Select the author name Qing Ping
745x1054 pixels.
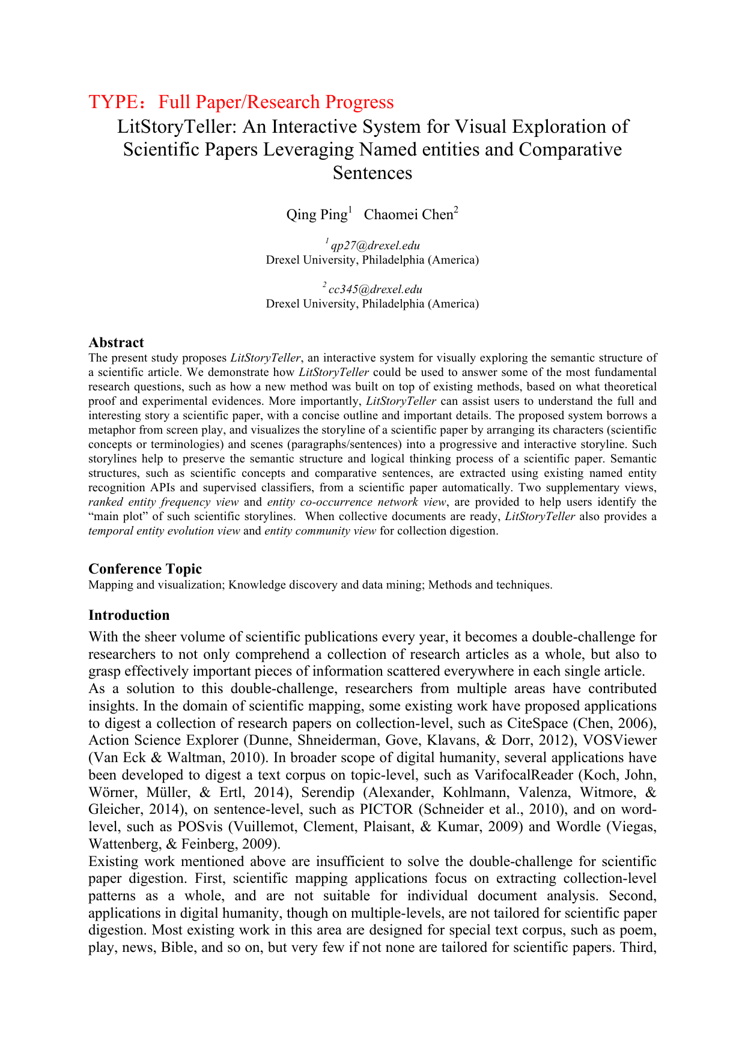coord(317,214)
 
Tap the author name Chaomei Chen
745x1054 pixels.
coord(409,214)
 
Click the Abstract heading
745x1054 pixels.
coord(116,342)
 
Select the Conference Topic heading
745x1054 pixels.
coord(145,569)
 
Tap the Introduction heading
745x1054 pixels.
coord(129,615)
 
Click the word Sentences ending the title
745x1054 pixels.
coord(372,173)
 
